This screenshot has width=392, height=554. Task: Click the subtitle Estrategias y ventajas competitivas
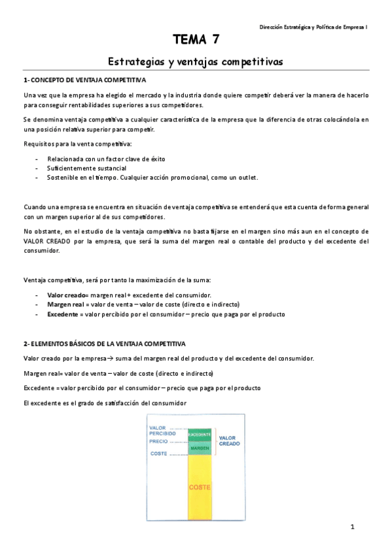pyautogui.click(x=195, y=62)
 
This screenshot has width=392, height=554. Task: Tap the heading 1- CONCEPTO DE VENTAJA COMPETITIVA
pyautogui.click(x=85, y=80)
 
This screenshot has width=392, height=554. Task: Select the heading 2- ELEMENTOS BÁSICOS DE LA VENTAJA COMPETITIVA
pyautogui.click(x=105, y=343)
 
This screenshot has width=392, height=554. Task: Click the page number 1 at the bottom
pyautogui.click(x=351, y=527)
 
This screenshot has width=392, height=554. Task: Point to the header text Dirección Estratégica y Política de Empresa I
pyautogui.click(x=313, y=27)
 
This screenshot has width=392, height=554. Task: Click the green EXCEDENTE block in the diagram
pyautogui.click(x=200, y=434)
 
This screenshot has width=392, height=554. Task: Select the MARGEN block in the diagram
pyautogui.click(x=200, y=448)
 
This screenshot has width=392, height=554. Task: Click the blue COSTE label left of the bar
pyautogui.click(x=158, y=453)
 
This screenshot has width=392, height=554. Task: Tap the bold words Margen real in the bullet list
pyautogui.click(x=65, y=304)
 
